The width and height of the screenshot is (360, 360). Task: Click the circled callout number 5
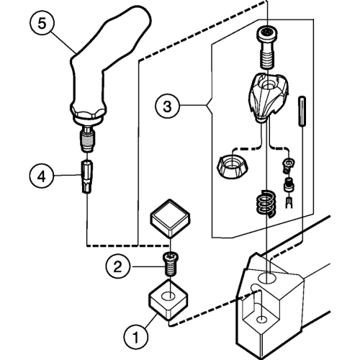tap(42, 24)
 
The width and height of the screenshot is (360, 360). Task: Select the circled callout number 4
tap(42, 177)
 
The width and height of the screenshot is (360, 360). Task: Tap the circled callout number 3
tap(167, 106)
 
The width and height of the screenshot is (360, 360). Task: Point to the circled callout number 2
tap(117, 266)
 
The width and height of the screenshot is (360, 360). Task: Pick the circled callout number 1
tap(135, 337)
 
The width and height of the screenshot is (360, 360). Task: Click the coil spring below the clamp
tap(266, 204)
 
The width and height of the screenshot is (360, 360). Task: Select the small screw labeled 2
tap(170, 264)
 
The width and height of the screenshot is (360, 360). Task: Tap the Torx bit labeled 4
tap(87, 176)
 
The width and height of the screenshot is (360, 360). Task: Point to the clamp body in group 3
tap(267, 97)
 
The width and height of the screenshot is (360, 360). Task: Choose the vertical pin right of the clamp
tap(302, 111)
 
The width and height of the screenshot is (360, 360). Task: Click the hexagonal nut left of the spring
tap(233, 167)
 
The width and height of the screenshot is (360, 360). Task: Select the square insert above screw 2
tap(170, 218)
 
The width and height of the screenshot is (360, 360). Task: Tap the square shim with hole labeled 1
tap(168, 300)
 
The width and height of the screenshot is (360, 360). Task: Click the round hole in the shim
tap(169, 296)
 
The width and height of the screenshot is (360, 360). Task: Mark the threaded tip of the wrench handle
tap(87, 140)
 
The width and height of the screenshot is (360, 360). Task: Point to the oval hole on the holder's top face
tap(266, 279)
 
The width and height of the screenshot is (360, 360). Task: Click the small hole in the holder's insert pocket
tap(262, 320)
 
